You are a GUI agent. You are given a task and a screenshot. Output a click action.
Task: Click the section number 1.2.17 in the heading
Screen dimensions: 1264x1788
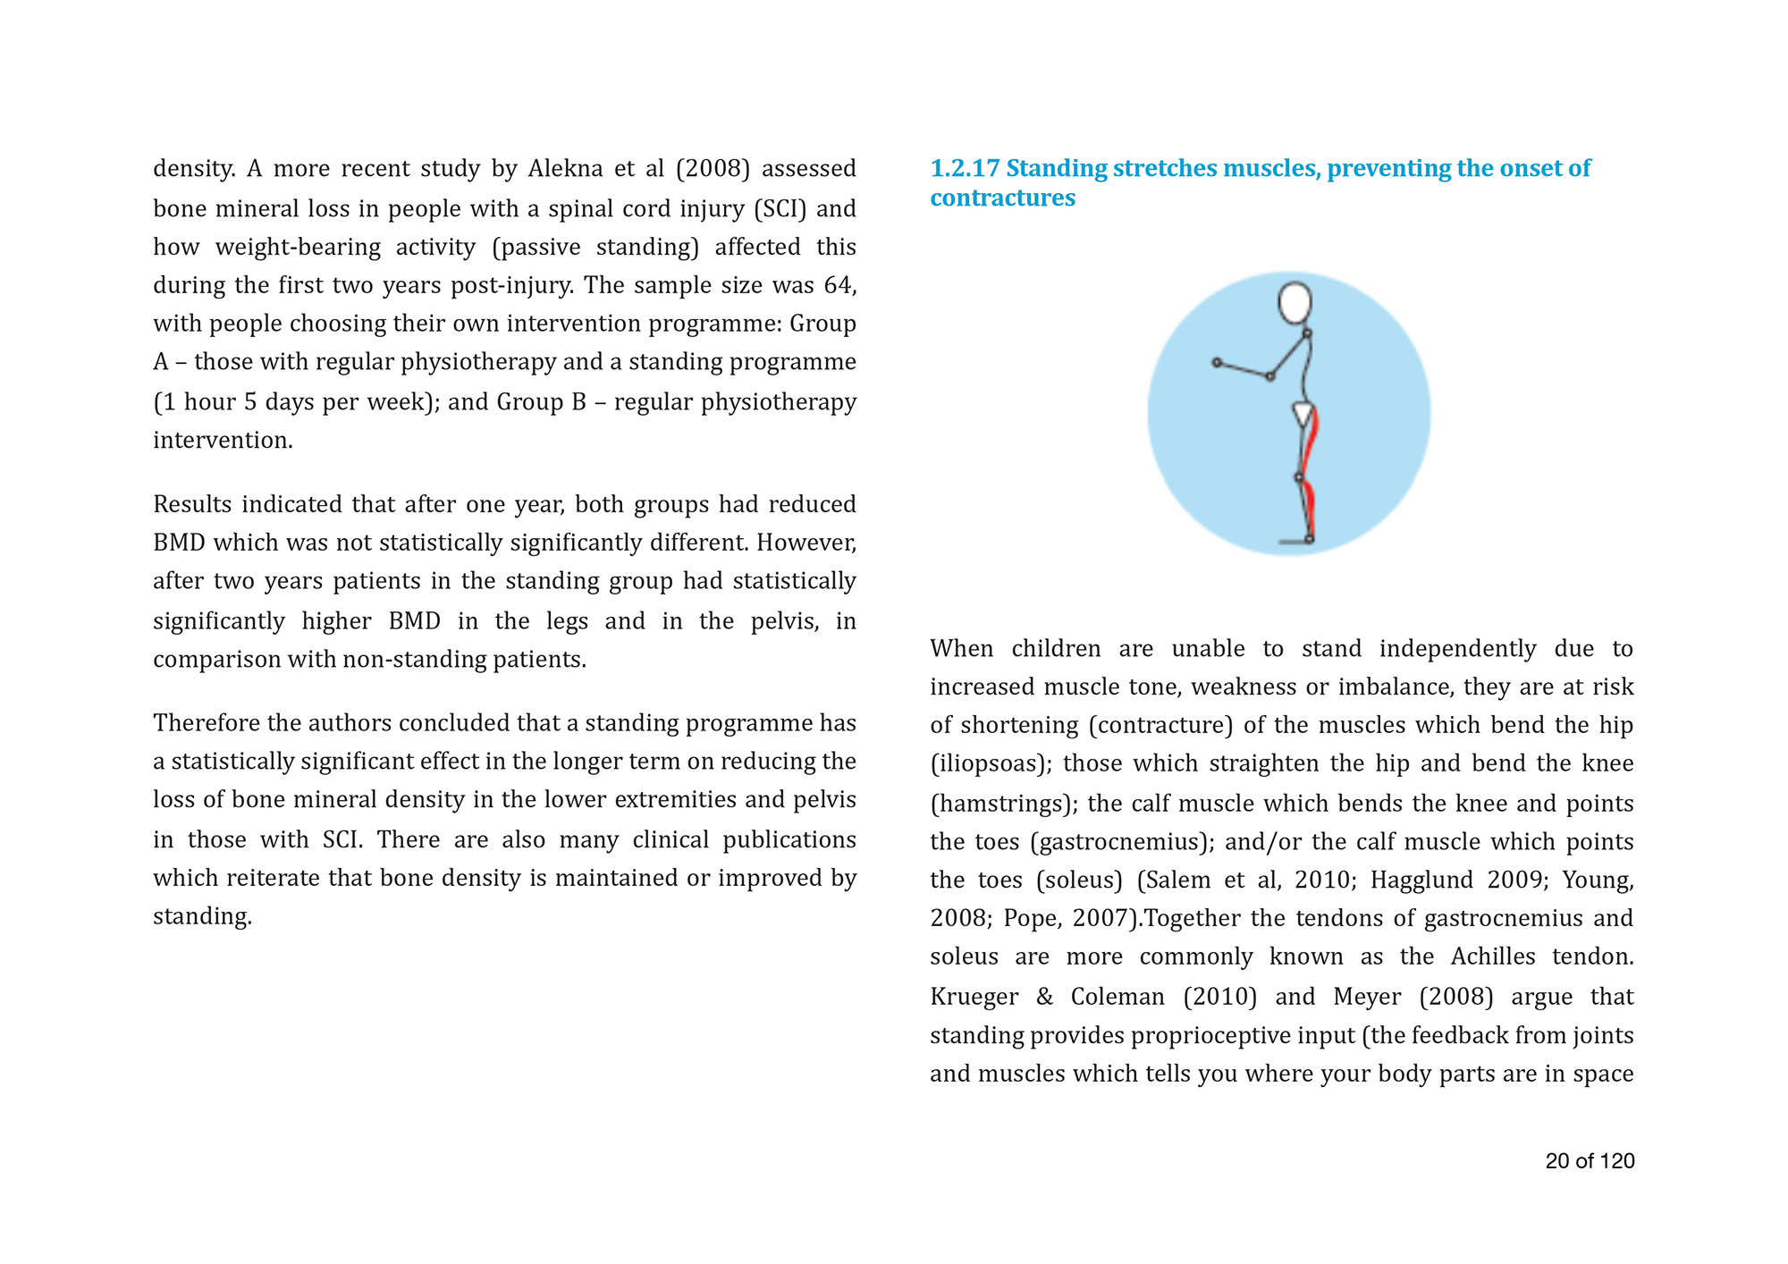click(x=965, y=169)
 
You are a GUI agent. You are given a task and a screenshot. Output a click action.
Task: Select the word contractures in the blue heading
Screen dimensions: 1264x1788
click(x=1002, y=198)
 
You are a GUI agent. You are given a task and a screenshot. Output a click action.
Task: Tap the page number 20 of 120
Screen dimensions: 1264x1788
click(x=1590, y=1161)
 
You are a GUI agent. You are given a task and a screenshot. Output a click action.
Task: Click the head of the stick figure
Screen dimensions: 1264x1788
click(x=1295, y=303)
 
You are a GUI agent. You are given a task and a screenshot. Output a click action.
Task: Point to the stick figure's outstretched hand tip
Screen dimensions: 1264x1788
click(x=1217, y=362)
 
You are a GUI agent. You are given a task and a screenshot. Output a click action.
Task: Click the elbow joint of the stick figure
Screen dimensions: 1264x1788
click(x=1269, y=376)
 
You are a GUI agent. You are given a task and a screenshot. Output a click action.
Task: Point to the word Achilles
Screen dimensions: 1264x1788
click(x=1492, y=957)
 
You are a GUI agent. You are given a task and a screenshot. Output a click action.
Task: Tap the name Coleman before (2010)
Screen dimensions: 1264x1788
click(x=1117, y=997)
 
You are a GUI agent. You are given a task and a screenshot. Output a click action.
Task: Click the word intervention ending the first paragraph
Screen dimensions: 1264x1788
click(x=222, y=441)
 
